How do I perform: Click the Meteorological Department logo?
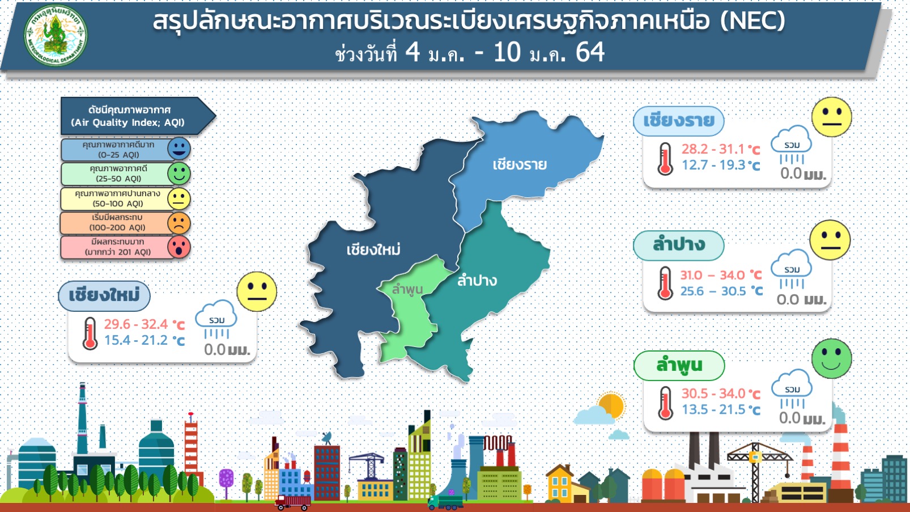56,35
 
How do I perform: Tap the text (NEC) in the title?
752,20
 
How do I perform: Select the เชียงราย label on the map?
520,164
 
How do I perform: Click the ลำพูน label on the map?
407,289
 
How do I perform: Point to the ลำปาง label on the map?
477,281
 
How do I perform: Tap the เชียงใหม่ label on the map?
373,249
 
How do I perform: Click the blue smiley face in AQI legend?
179,149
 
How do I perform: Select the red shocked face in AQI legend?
179,247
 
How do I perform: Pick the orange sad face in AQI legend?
179,223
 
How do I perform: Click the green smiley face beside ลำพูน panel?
832,358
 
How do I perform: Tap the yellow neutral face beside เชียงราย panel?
832,117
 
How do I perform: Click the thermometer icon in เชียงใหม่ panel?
90,333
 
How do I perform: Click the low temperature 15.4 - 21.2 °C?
144,340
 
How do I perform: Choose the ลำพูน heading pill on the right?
679,365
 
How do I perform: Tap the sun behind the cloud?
612,405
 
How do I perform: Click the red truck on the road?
292,503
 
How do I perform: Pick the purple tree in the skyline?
226,480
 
